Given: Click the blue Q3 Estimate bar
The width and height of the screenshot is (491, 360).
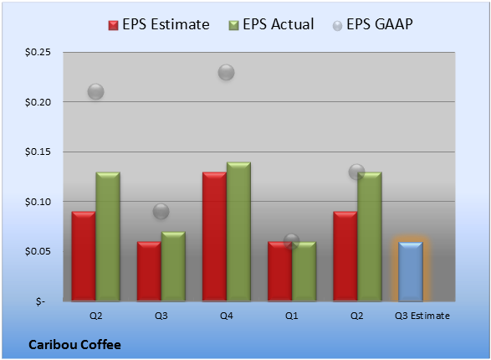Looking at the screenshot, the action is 411,271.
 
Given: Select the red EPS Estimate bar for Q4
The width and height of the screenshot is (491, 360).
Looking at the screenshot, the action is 214,237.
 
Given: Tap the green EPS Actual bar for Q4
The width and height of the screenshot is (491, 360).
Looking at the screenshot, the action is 238,232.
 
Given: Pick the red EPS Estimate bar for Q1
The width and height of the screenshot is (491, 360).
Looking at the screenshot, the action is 279,271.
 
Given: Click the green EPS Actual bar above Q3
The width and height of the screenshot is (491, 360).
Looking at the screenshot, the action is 173,266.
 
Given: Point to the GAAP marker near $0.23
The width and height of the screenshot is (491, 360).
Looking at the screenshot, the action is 226,72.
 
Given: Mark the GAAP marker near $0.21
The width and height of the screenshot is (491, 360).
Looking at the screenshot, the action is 95,92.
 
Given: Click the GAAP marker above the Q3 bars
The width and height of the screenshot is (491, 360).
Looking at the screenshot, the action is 161,211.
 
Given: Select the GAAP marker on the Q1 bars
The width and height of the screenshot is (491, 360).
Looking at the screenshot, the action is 292,241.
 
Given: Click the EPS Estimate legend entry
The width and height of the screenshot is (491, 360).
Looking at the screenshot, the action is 159,24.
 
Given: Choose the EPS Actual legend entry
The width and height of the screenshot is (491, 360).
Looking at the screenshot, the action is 271,24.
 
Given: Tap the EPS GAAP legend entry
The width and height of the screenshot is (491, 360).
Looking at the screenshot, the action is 372,24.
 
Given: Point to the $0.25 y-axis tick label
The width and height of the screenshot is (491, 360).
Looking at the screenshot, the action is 38,52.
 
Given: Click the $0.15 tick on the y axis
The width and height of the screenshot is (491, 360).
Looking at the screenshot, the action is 38,152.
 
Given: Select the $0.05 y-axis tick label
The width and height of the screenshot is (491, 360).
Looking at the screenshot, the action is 38,251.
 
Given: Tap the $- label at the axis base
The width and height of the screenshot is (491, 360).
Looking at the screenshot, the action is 40,301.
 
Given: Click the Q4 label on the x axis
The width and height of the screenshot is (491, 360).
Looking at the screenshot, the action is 227,316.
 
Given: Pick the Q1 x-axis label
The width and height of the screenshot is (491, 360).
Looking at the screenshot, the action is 292,316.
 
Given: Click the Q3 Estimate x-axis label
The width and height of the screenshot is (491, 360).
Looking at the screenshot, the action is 422,316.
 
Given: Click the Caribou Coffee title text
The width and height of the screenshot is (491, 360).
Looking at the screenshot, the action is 74,345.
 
